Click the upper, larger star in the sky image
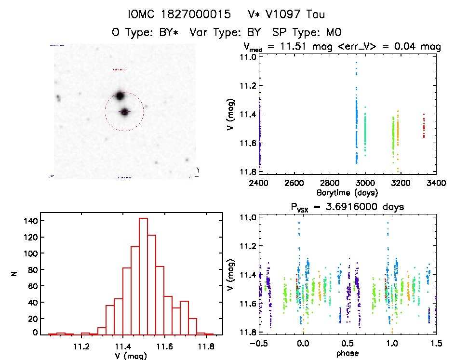(120, 95)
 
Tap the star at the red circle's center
(124, 112)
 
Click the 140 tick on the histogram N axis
(32, 221)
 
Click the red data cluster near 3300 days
(424, 128)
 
